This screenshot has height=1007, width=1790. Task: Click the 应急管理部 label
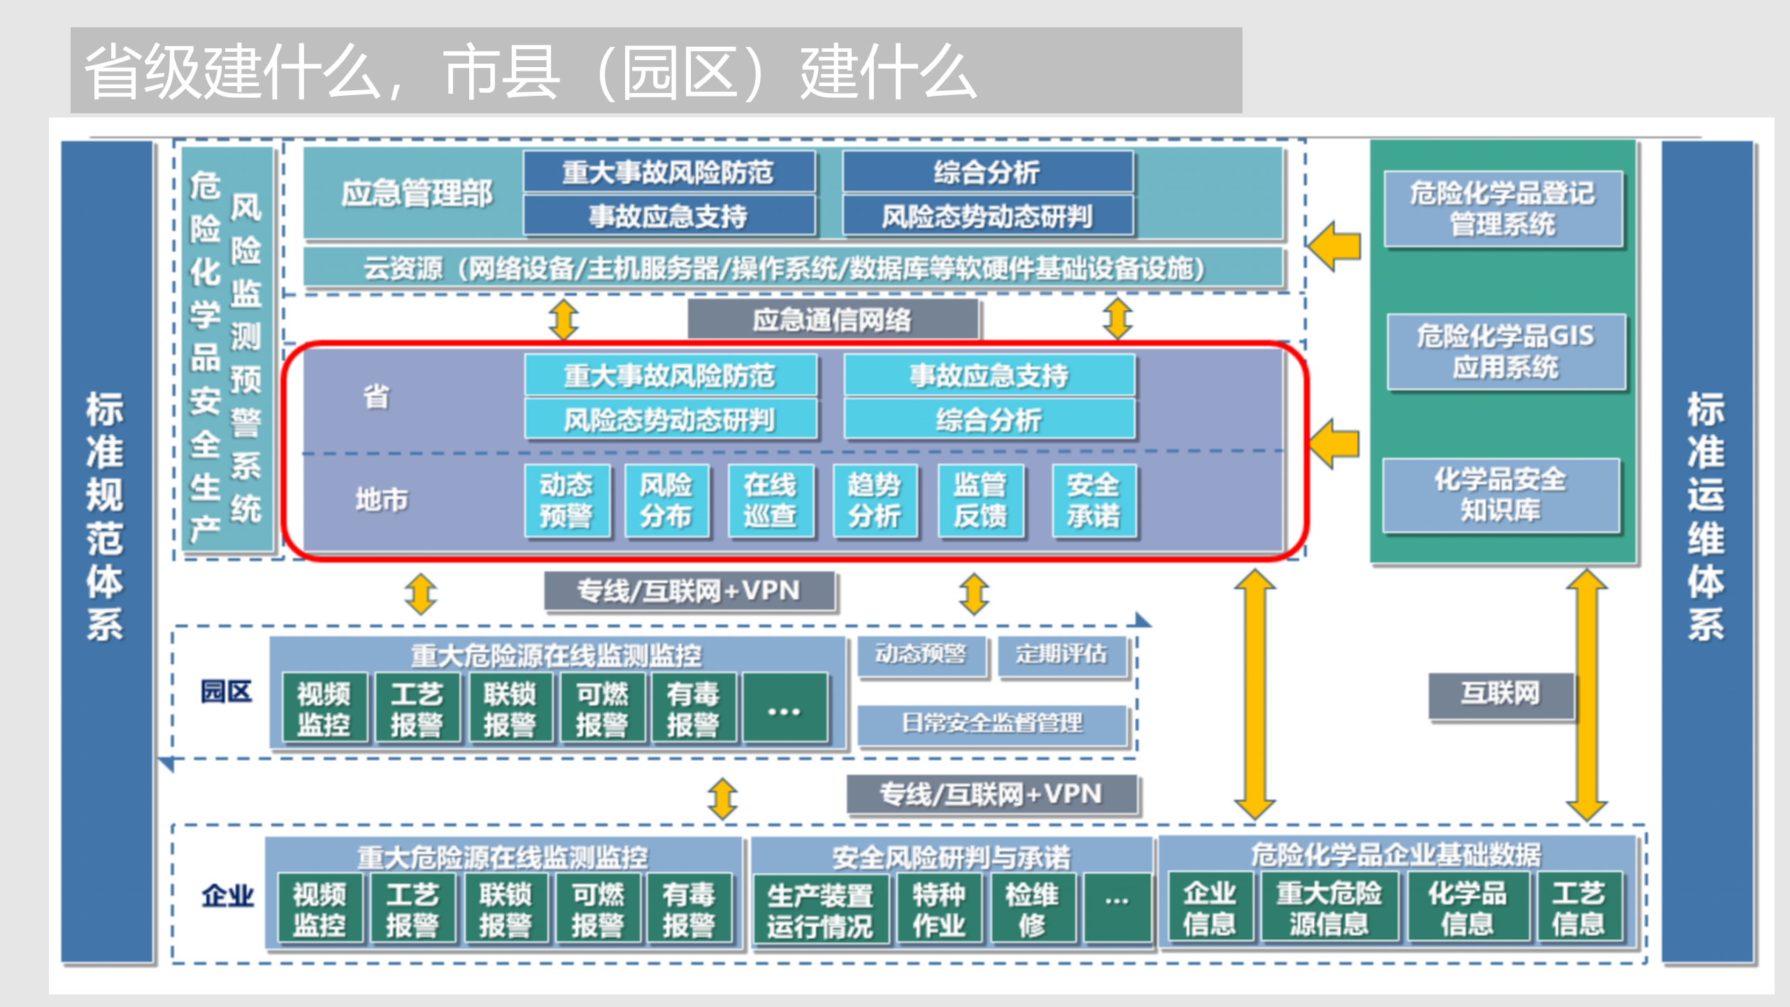pyautogui.click(x=417, y=194)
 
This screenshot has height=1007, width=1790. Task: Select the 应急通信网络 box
pyautogui.click(x=832, y=320)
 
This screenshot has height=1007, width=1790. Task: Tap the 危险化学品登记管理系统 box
pyautogui.click(x=1503, y=208)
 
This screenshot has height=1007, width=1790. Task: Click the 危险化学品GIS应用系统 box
pyautogui.click(x=1505, y=352)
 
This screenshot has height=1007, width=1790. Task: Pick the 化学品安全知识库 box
pyautogui.click(x=1501, y=495)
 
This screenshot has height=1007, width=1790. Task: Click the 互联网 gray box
pyautogui.click(x=1501, y=694)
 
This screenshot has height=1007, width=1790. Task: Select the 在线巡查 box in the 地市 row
pyautogui.click(x=770, y=501)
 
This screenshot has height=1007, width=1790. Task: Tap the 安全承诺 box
pyautogui.click(x=1093, y=501)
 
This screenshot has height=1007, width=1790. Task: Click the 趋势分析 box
pyautogui.click(x=875, y=501)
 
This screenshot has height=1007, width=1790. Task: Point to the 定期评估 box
pyautogui.click(x=1061, y=655)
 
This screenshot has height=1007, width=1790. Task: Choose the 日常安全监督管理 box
pyautogui.click(x=991, y=724)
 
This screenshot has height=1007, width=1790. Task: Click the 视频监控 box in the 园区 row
pyautogui.click(x=324, y=709)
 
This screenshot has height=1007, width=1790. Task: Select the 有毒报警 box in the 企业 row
pyautogui.click(x=689, y=909)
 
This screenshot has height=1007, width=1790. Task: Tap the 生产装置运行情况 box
pyautogui.click(x=819, y=910)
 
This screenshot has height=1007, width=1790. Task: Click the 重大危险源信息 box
pyautogui.click(x=1329, y=908)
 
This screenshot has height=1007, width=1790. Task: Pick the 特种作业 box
pyautogui.click(x=938, y=910)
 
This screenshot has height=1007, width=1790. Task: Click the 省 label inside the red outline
pyautogui.click(x=376, y=397)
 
